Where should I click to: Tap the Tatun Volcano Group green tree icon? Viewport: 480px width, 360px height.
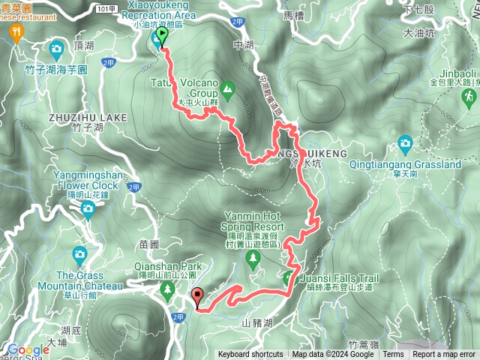click(227, 90)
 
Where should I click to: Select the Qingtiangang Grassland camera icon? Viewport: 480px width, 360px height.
click(405, 142)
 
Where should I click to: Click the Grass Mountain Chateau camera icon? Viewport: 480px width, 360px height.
click(79, 256)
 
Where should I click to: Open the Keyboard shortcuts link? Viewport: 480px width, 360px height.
click(250, 355)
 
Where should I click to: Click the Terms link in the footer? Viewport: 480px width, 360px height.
click(393, 355)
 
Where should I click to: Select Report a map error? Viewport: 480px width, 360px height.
click(444, 355)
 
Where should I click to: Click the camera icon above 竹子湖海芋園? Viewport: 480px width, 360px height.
click(55, 50)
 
